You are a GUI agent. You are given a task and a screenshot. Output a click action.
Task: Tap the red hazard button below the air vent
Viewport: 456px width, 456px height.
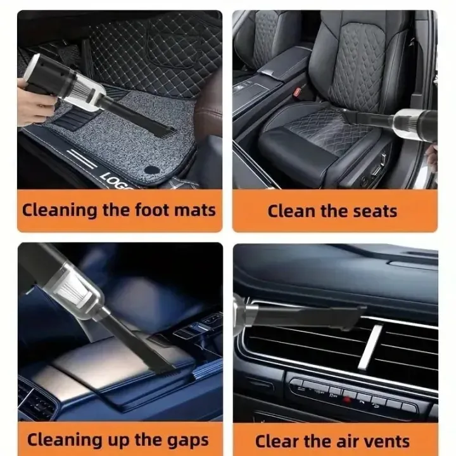[x=346, y=400]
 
